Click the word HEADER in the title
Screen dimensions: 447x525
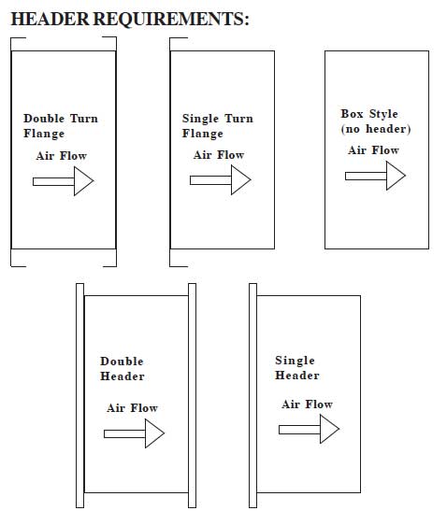(x=50, y=19)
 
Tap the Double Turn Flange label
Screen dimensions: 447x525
(x=61, y=126)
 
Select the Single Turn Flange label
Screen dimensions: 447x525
(x=218, y=126)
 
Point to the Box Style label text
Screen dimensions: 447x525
(x=369, y=114)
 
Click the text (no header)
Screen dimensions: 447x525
(x=376, y=129)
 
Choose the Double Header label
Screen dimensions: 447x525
(x=123, y=369)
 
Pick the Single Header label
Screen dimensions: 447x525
(x=297, y=368)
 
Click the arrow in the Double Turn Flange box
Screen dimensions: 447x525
(x=64, y=181)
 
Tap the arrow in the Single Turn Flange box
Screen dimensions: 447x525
(x=221, y=180)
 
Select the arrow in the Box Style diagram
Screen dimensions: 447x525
(x=376, y=176)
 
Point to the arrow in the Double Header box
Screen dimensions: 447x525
(x=134, y=433)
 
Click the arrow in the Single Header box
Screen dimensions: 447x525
(x=309, y=429)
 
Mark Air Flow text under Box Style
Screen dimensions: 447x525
(x=373, y=150)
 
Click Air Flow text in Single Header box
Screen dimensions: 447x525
(x=307, y=404)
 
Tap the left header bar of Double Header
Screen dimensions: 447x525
(x=79, y=395)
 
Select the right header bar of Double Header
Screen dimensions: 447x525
(x=192, y=395)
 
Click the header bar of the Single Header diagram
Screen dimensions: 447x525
(x=253, y=395)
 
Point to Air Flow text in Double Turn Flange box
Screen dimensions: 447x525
(x=62, y=156)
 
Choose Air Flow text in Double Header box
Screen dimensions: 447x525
(x=133, y=408)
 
